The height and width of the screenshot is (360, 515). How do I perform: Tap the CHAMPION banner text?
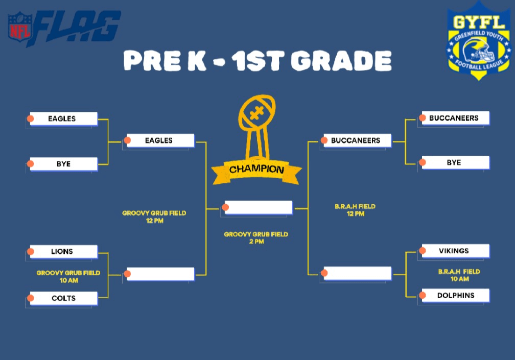(256, 170)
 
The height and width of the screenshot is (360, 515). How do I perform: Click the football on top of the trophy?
(257, 112)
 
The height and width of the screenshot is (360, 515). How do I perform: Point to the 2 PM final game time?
(256, 242)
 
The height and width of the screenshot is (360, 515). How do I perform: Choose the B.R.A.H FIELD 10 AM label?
(459, 275)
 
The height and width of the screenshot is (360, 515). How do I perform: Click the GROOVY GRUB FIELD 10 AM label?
(68, 277)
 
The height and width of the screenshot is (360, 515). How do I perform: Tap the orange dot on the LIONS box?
(31, 252)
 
